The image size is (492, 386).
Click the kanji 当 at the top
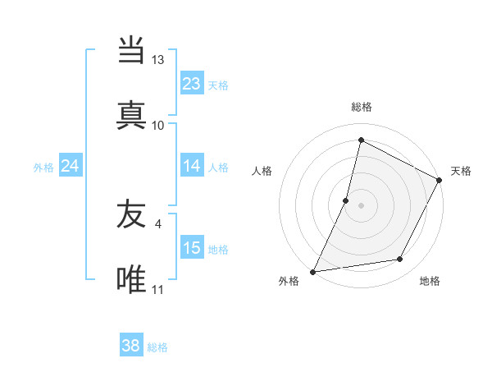point(131,51)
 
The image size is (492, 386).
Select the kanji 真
point(131,115)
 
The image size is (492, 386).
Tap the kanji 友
point(131,215)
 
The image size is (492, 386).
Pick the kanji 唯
point(131,279)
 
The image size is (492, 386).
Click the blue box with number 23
point(191,84)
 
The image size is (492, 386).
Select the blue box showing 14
point(191,166)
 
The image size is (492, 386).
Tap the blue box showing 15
point(191,248)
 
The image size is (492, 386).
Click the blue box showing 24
point(70,166)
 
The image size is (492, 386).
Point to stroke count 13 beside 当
point(157,60)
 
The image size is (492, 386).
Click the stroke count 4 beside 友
point(157,223)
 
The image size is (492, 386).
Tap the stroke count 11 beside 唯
point(157,289)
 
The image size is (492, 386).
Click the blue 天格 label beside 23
point(218,85)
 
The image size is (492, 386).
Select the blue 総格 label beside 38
point(157,347)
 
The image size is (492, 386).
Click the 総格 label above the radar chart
point(361,108)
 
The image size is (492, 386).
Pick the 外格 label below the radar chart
point(289,282)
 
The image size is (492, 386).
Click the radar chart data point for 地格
point(400,260)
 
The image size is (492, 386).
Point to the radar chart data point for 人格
point(346,200)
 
